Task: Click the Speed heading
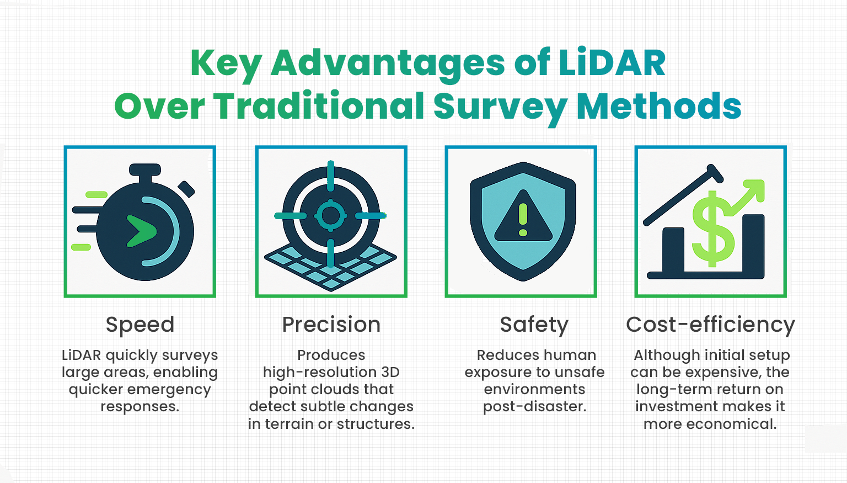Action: (140, 325)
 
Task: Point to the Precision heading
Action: (331, 325)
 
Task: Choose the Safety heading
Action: (534, 325)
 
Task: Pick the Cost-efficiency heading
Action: (710, 325)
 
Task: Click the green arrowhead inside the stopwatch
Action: (141, 231)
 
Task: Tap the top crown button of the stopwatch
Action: (145, 169)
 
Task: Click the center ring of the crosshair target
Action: (330, 215)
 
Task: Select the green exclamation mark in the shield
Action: (523, 220)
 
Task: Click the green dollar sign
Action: (713, 229)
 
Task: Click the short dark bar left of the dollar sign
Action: (673, 250)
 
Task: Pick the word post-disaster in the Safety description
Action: (534, 407)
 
